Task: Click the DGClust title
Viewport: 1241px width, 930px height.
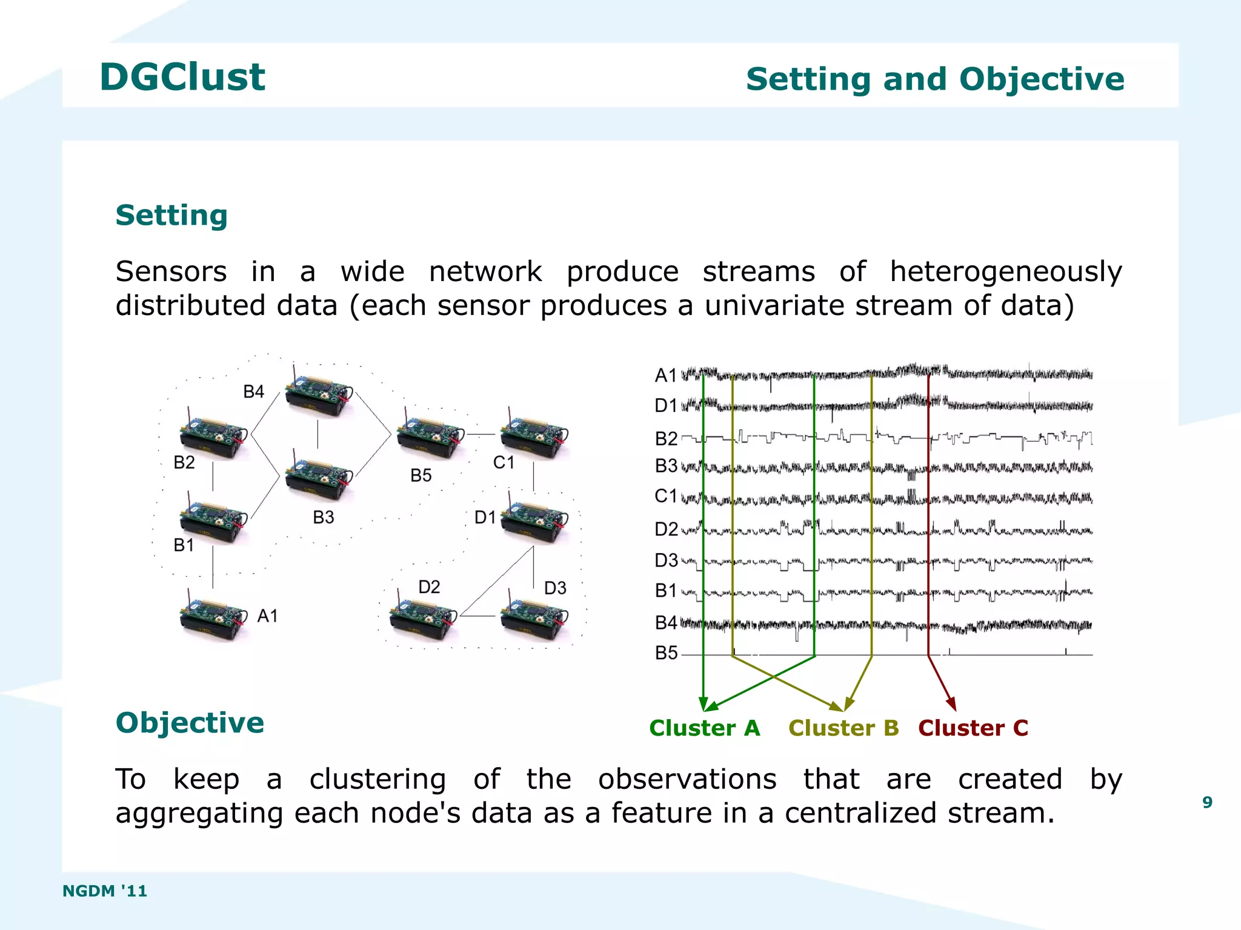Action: click(x=182, y=78)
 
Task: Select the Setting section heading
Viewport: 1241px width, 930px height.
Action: click(x=171, y=216)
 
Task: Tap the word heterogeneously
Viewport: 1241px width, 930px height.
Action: click(x=1005, y=271)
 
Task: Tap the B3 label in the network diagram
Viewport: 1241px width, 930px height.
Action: click(x=323, y=517)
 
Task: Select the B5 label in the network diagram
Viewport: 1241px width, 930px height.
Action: click(x=421, y=476)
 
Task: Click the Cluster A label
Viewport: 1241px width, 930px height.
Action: click(x=704, y=728)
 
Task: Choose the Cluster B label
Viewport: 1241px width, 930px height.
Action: click(x=843, y=728)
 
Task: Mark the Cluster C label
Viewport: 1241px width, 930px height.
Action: click(x=973, y=728)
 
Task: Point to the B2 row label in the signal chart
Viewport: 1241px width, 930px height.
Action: click(x=666, y=438)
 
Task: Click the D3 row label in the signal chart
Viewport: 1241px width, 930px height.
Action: click(x=666, y=560)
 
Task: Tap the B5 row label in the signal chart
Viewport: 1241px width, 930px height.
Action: click(x=666, y=653)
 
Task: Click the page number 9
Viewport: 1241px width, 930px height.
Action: click(x=1207, y=803)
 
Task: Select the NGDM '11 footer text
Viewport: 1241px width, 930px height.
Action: click(x=105, y=891)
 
